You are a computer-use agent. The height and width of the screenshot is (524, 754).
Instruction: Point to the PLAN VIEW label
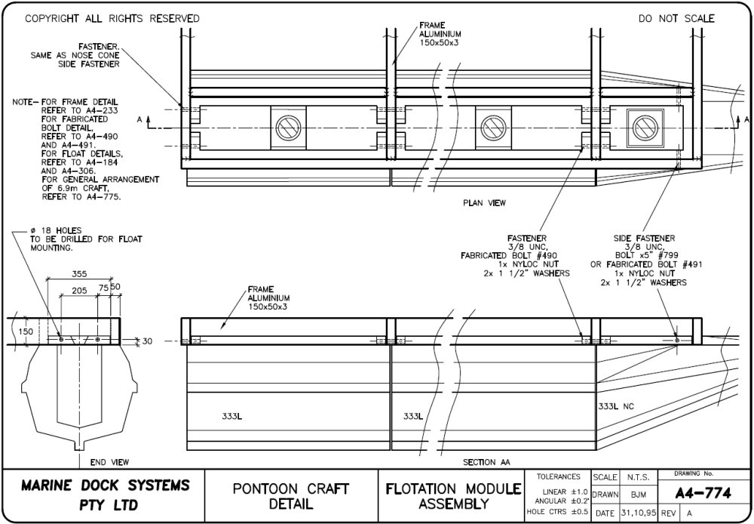click(484, 202)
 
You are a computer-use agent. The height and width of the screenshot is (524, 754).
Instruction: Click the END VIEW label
click(109, 462)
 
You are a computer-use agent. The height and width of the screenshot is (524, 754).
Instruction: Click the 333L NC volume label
click(616, 406)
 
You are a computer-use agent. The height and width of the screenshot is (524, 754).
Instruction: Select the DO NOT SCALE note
click(676, 18)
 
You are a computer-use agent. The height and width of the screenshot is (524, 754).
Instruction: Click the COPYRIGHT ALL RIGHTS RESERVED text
click(112, 18)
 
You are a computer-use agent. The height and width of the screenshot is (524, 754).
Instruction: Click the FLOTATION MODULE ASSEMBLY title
click(454, 495)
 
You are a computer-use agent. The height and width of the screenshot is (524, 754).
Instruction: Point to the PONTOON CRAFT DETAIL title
click(291, 495)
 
